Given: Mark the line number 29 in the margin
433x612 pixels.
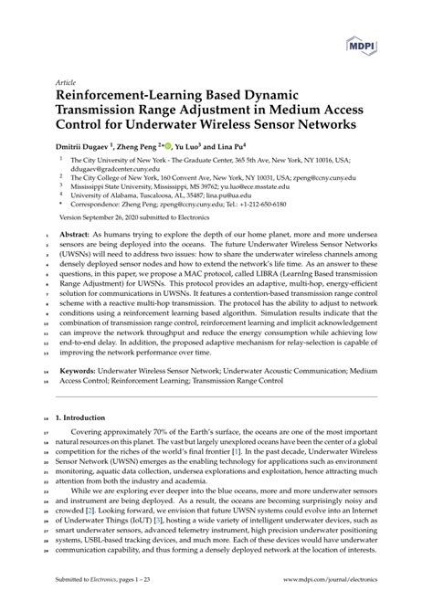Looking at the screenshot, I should click(47, 551).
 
